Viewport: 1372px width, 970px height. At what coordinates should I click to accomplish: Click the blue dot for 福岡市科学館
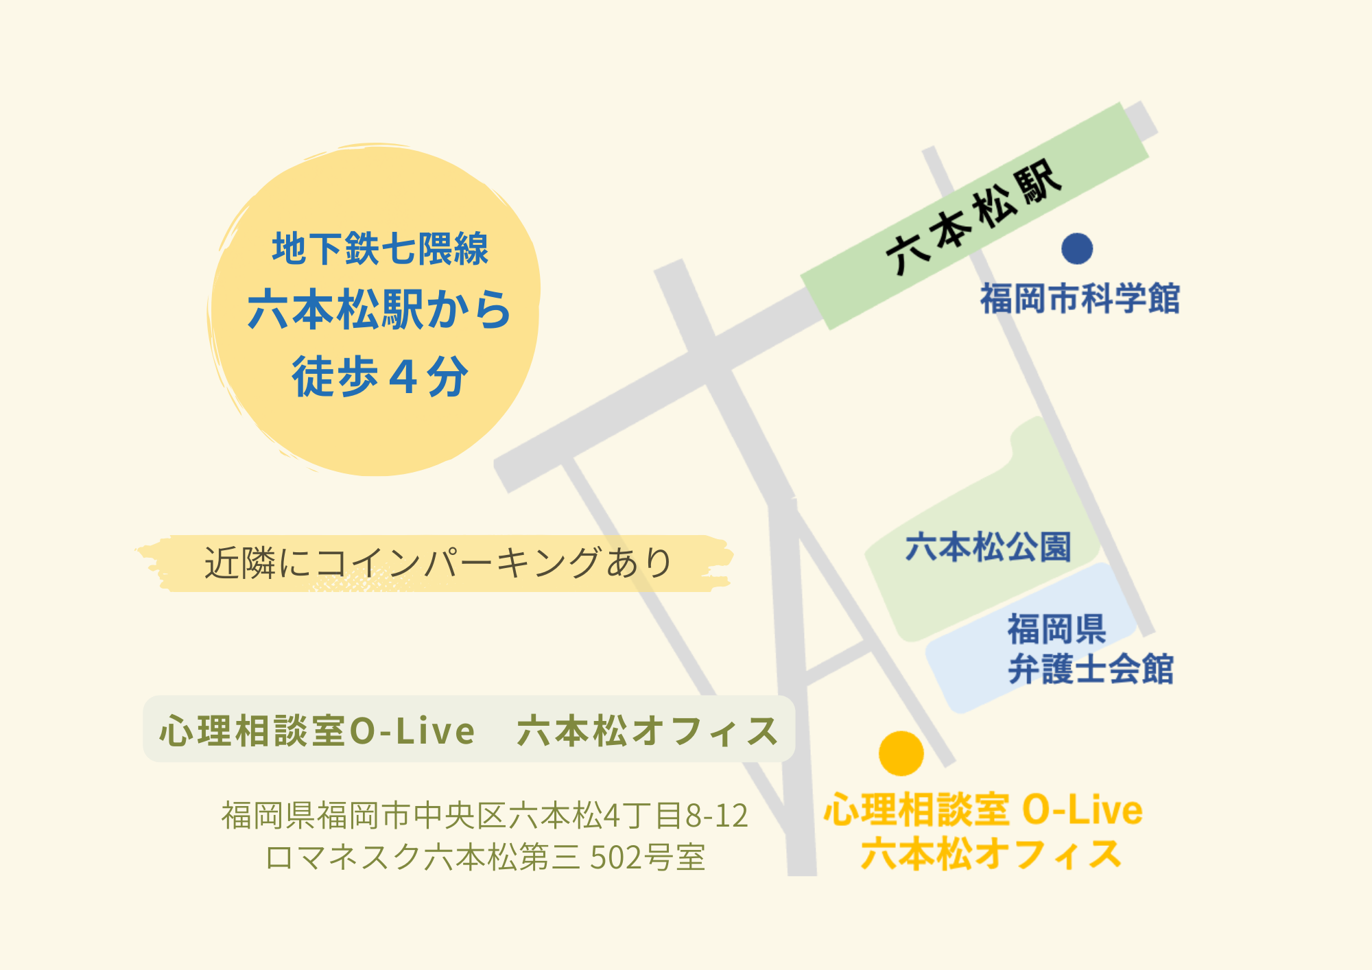coord(1077,248)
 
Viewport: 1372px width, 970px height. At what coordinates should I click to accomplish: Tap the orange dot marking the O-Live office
coord(901,753)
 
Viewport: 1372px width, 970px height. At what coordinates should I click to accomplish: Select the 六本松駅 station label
coord(974,216)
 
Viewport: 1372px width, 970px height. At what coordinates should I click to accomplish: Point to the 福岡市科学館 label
coord(1080,299)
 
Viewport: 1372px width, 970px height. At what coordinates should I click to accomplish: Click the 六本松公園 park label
coord(988,547)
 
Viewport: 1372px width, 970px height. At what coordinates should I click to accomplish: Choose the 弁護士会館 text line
coord(1091,669)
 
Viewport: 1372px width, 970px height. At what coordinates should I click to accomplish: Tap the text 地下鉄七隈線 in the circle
coord(380,248)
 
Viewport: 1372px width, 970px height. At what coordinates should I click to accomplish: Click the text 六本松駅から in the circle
coord(379,309)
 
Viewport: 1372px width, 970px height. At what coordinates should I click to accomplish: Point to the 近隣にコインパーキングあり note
coord(438,563)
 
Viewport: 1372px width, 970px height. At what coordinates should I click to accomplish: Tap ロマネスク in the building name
coord(343,857)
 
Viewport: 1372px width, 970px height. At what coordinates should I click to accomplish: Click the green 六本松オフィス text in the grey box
coord(648,731)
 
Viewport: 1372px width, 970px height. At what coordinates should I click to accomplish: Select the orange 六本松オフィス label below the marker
coord(991,854)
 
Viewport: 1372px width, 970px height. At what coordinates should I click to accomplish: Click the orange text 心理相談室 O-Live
coord(983,810)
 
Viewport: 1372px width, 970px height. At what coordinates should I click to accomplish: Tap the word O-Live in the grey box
coord(412,731)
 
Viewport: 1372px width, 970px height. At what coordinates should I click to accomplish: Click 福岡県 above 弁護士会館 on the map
coord(1056,629)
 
